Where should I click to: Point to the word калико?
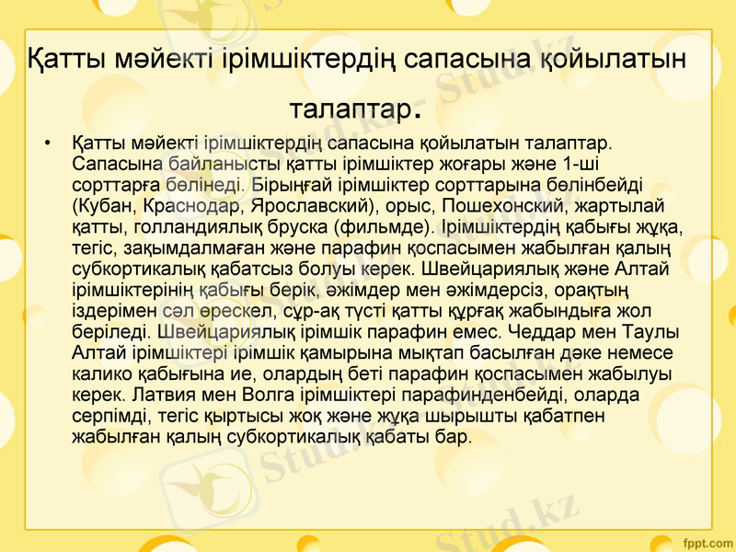coord(95,372)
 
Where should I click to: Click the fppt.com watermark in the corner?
coord(703,539)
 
